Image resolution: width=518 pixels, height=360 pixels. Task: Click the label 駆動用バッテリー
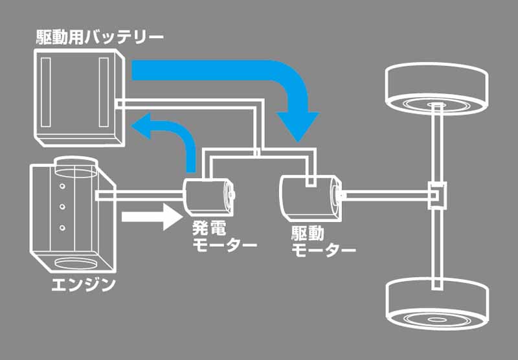tap(100, 38)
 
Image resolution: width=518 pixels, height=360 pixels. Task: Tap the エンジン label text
tap(84, 285)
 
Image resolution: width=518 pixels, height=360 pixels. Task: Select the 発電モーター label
tap(225, 237)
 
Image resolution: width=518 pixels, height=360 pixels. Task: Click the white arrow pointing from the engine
tap(152, 217)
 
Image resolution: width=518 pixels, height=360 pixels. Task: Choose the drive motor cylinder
tap(311, 197)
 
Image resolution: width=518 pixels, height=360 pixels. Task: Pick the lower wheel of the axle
tap(436, 303)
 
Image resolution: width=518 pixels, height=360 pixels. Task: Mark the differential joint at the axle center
tap(437, 196)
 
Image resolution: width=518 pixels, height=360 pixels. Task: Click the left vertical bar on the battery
tap(45, 92)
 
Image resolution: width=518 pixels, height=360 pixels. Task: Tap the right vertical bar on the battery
tap(104, 92)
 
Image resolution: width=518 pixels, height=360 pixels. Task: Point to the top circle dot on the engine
tap(62, 186)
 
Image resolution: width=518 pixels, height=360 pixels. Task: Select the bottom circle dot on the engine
tap(62, 227)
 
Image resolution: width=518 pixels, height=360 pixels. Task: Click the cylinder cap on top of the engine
tap(76, 166)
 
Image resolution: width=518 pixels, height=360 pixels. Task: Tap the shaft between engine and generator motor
tap(139, 196)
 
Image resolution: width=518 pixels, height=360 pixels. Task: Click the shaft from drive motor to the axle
tap(387, 196)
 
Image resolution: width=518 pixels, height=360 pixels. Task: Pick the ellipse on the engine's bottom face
tap(76, 264)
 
